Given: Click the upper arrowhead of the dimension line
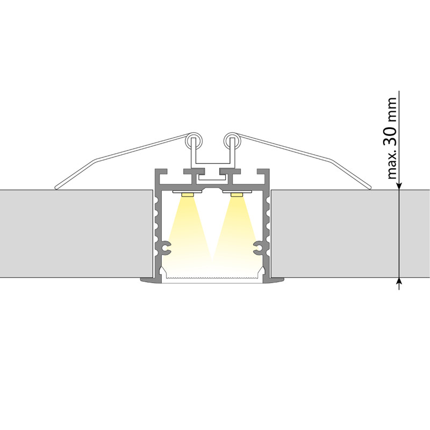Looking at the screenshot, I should [x=399, y=185].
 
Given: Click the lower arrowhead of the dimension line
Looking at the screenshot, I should [x=399, y=282].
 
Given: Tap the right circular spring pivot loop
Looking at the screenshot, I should [x=232, y=142].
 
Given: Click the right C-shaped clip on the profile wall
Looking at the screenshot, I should [x=261, y=248].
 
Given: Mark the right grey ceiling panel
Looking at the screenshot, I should [x=349, y=233].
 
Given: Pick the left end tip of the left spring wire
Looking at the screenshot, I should [x=56, y=188].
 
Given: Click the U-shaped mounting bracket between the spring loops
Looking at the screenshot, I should [x=212, y=162].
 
